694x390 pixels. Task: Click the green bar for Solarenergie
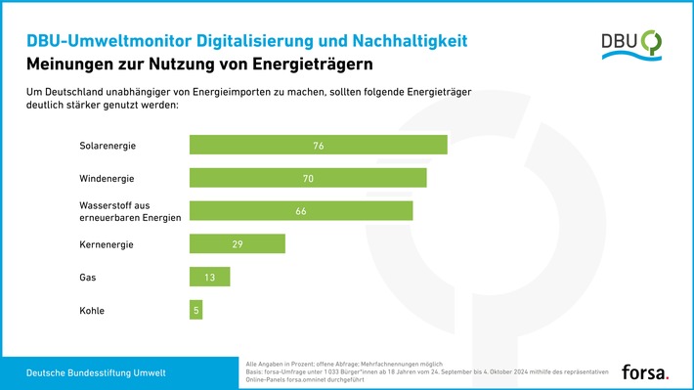[318, 145]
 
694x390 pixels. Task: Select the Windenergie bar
[307, 178]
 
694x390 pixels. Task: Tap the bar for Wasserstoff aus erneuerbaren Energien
[300, 211]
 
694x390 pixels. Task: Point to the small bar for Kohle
[195, 311]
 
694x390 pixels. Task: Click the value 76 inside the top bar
[318, 146]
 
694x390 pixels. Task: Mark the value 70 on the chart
[307, 179]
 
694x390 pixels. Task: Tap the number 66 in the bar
[300, 211]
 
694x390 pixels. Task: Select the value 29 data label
[237, 244]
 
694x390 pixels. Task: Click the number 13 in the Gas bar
[209, 278]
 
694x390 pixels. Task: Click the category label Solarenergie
[108, 146]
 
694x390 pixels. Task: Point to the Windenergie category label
[107, 179]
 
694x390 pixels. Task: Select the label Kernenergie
[106, 244]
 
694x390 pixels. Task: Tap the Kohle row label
[92, 311]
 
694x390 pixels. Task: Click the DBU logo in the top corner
[630, 43]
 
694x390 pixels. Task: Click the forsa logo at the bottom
[644, 371]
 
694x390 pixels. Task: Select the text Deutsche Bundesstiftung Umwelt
[96, 372]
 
